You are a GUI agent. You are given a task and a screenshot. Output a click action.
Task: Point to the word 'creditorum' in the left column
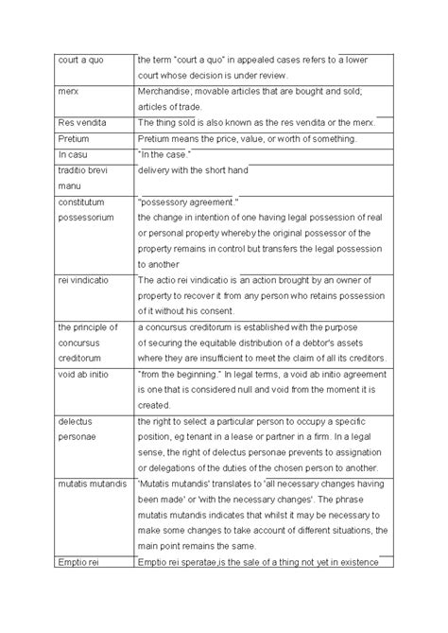pyautogui.click(x=58, y=359)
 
